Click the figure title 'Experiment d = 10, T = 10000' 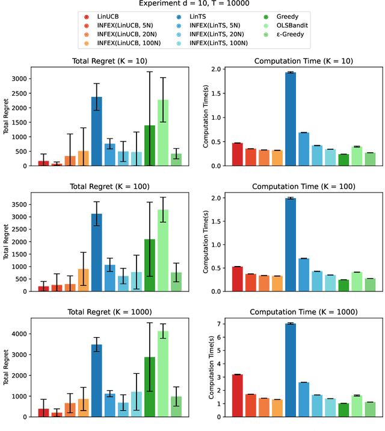tap(192, 4)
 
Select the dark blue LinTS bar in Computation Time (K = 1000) tap(291, 370)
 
